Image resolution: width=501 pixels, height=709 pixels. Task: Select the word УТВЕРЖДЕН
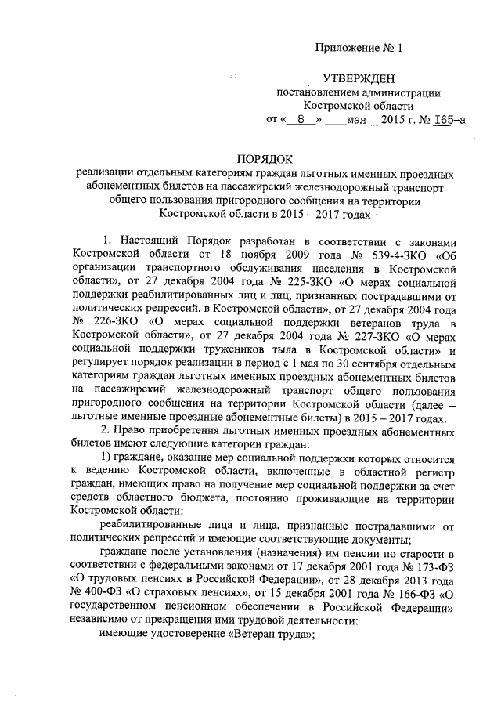[x=359, y=78]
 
